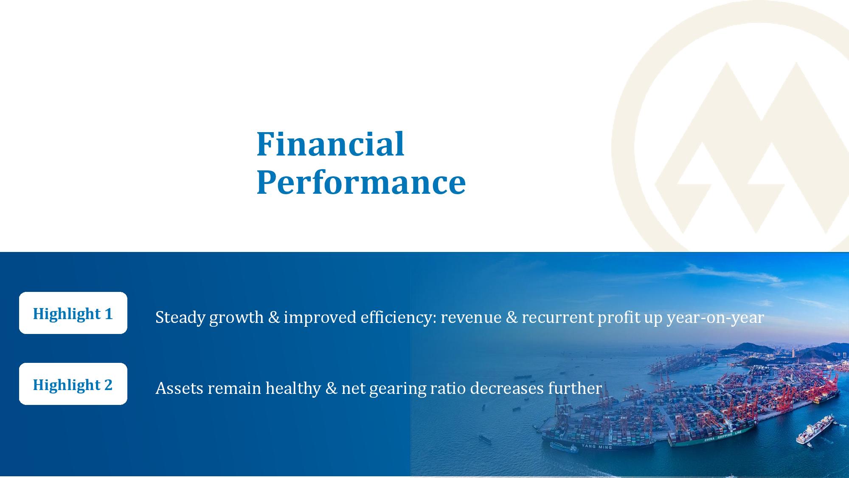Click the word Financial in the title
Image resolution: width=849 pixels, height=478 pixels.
(x=330, y=144)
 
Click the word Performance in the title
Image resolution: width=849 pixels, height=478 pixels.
(x=361, y=182)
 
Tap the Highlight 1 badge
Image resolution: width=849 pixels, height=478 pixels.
(x=73, y=313)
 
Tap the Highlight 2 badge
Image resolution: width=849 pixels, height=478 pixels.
(x=73, y=384)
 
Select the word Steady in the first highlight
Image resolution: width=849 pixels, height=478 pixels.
(x=180, y=317)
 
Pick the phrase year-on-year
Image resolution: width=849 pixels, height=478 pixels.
(x=715, y=318)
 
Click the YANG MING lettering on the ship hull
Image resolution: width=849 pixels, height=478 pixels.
(x=596, y=447)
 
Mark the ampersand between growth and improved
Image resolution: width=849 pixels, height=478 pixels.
(x=274, y=317)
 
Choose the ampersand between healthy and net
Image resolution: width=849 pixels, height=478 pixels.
(x=331, y=388)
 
